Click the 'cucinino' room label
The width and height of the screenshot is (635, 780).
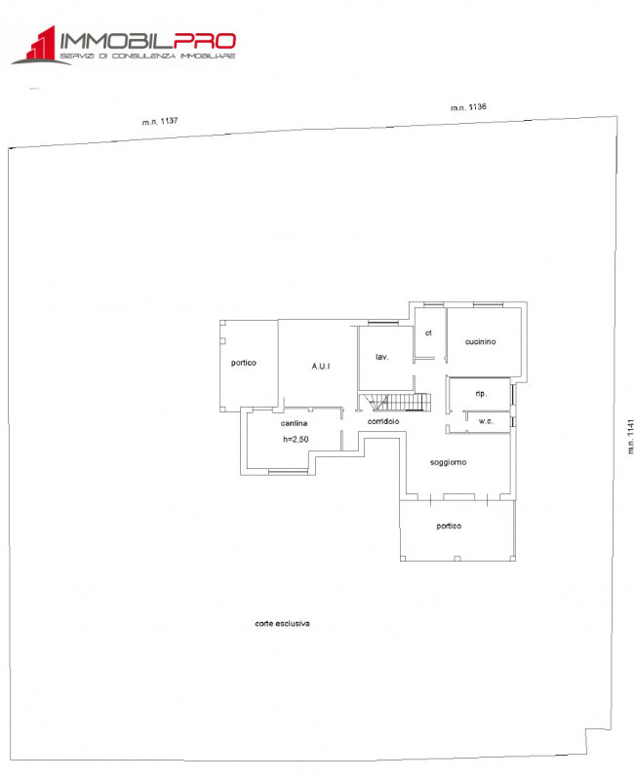pos(481,341)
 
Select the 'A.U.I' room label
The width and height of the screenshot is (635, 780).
pos(321,366)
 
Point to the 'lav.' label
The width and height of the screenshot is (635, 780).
pos(382,357)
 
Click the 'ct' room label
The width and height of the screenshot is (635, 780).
pos(427,332)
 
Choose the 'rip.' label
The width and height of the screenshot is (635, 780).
pos(481,393)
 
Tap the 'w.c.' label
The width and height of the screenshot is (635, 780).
pos(486,421)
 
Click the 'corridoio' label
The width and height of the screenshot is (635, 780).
pos(384,421)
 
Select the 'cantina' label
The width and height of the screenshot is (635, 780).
pos(295,423)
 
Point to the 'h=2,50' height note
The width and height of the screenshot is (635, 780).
pos(296,440)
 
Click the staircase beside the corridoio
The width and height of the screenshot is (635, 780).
pos(396,402)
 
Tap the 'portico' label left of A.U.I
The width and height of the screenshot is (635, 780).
pos(244,363)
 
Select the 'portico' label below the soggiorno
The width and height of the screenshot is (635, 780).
pos(449,526)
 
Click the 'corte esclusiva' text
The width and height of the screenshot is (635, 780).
pos(282,623)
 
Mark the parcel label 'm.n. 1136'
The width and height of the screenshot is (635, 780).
pos(468,107)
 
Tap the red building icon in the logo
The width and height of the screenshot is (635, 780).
pos(36,47)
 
